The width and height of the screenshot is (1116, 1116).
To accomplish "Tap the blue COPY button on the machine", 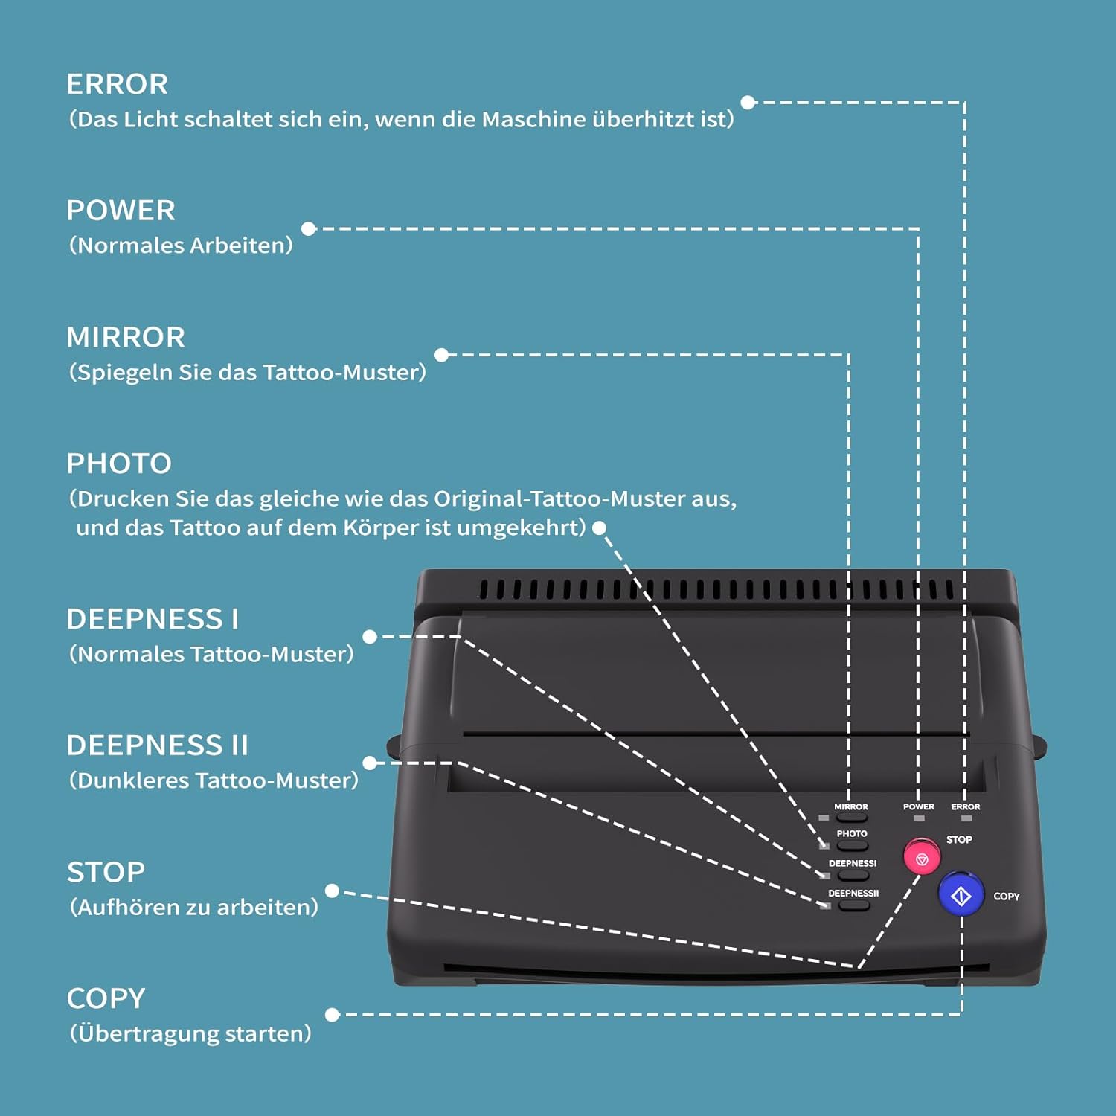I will [x=961, y=895].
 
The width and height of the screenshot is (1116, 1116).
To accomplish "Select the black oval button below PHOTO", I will [x=852, y=846].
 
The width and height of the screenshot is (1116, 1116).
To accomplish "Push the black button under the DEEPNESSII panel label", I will [x=853, y=906].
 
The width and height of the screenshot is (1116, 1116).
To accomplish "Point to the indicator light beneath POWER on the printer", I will [x=919, y=818].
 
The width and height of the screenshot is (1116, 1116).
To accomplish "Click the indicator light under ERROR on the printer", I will [x=966, y=818].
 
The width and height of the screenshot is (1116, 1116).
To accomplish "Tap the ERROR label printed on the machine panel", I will [x=966, y=806].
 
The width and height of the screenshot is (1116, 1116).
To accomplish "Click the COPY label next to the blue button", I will [x=1007, y=897].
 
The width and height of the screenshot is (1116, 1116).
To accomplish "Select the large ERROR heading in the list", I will [x=118, y=84].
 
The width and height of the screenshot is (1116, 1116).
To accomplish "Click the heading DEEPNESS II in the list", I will [x=157, y=745].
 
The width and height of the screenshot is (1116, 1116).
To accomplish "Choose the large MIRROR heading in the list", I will [x=126, y=337].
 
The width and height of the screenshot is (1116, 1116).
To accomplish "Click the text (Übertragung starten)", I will [x=190, y=1033].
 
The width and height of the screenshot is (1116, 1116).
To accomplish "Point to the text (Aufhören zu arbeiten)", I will [x=193, y=907].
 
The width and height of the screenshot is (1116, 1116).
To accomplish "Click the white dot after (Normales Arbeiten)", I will [x=309, y=229].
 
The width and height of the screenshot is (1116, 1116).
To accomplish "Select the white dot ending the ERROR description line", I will [x=748, y=103].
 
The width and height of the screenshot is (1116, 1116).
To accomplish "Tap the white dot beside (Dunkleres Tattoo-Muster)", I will [x=370, y=763].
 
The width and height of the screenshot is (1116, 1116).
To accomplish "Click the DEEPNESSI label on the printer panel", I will [x=853, y=863].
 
